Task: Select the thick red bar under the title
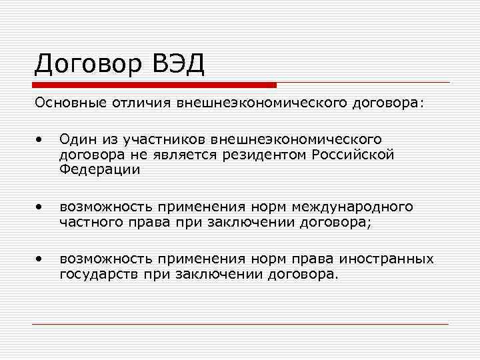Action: point(154,85)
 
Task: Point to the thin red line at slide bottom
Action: point(240,324)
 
